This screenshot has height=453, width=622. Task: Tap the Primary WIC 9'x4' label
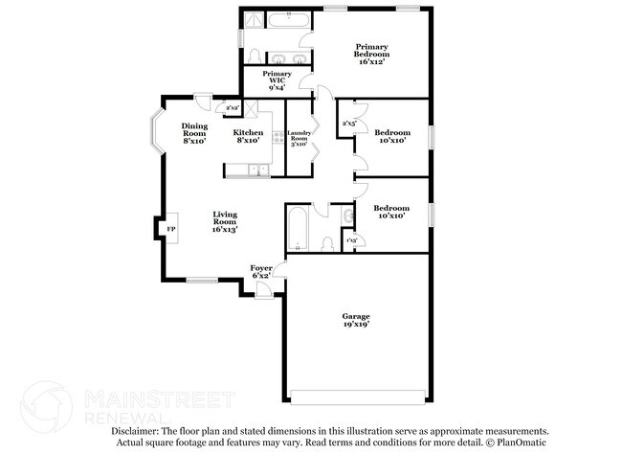pyautogui.click(x=278, y=80)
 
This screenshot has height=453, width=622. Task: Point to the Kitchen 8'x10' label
pyautogui.click(x=249, y=137)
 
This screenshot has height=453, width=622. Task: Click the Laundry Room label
pyautogui.click(x=300, y=140)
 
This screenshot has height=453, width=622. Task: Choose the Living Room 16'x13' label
pyautogui.click(x=225, y=221)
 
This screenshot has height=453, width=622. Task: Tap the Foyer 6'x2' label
pyautogui.click(x=261, y=270)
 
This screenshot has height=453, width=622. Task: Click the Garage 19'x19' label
pyautogui.click(x=356, y=320)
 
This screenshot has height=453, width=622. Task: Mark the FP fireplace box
pyautogui.click(x=171, y=230)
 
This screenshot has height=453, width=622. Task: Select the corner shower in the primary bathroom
pyautogui.click(x=253, y=21)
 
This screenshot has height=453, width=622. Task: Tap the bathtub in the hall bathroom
pyautogui.click(x=297, y=228)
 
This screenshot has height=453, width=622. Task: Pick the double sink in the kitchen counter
pyautogui.click(x=258, y=170)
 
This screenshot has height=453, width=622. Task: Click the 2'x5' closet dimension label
pyautogui.click(x=349, y=123)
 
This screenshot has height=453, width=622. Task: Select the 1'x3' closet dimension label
pyautogui.click(x=351, y=239)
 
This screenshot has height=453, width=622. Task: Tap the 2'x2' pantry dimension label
pyautogui.click(x=233, y=107)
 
